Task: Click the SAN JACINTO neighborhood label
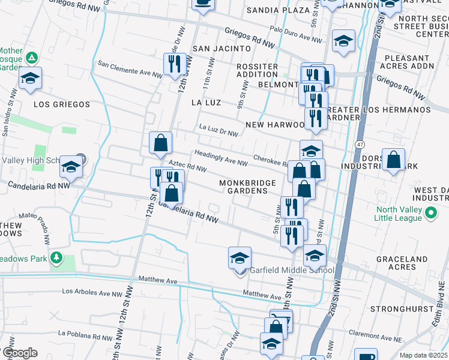point(220,48)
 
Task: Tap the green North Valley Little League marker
point(431,212)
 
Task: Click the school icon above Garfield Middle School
point(240,259)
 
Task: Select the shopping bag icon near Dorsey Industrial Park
point(393,160)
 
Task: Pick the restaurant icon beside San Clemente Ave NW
point(175,65)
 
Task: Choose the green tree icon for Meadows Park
point(56,257)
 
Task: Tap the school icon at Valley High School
point(71,167)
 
